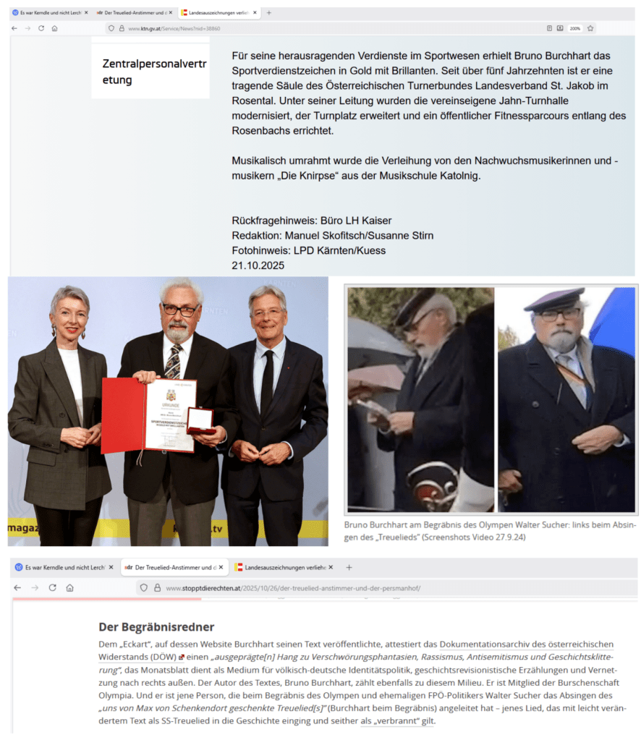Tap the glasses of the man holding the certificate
click(180, 310)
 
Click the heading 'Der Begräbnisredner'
click(156, 626)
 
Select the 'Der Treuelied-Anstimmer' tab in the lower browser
click(171, 567)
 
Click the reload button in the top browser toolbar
click(41, 28)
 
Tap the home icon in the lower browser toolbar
click(69, 588)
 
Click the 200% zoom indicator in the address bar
click(574, 28)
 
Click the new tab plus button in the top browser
click(269, 12)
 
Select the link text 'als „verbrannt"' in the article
click(397, 720)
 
